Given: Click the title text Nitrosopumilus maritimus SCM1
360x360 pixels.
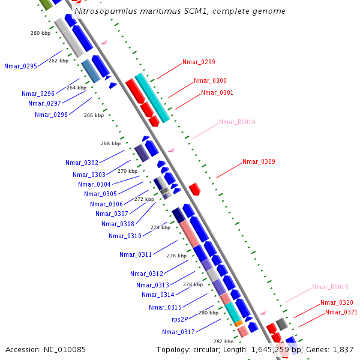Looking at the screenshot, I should pos(179,11).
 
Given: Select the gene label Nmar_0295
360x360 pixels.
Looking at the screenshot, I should pos(20,66).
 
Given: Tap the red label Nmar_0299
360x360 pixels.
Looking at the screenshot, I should pos(199,62).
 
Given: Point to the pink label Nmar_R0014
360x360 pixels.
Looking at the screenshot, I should pos(237,122).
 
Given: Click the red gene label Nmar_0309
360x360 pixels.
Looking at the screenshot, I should pos(259,161).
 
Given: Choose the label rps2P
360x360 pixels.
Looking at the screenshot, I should pos(180,319).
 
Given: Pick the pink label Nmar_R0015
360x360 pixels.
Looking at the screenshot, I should pos(330,287).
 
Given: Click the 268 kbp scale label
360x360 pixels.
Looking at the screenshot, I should pos(110,143).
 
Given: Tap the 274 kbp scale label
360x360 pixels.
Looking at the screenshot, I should pos(160,227).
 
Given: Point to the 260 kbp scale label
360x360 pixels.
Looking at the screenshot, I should pos(40,33).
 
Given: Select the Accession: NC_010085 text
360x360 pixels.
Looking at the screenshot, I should pos(46,349).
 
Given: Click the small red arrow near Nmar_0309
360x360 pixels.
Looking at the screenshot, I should pos(194,190).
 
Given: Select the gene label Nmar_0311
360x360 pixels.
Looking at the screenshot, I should pos(136,254).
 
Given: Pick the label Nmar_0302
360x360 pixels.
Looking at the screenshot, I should pos(82,163).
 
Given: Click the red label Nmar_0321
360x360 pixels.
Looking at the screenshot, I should pos(341,312).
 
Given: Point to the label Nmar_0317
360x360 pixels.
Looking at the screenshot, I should pos(178,332).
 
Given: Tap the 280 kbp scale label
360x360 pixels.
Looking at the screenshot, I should pos(209,313).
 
